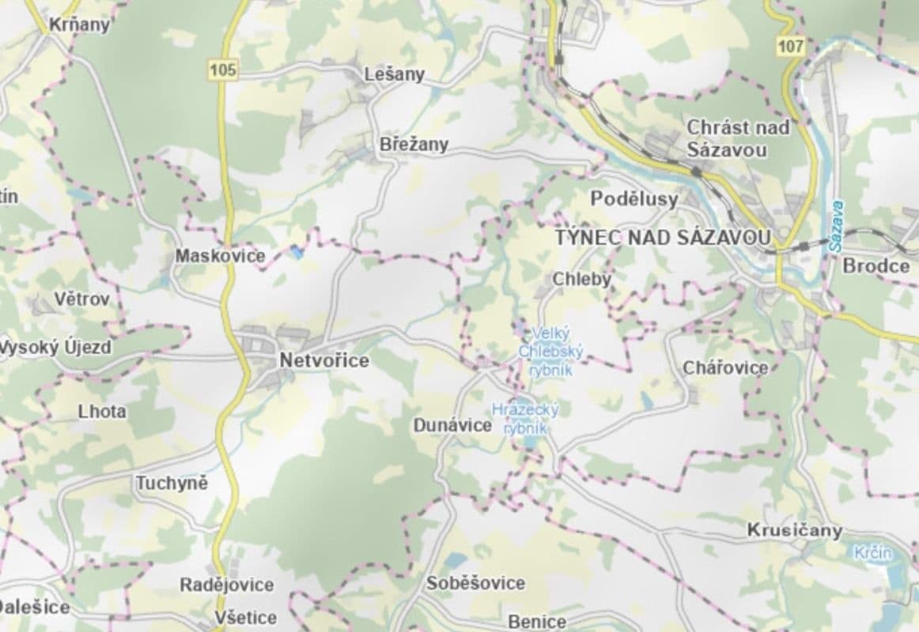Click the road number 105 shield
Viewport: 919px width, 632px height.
(x=224, y=70)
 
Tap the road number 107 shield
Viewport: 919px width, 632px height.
(x=790, y=47)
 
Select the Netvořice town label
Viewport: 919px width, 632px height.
(x=324, y=360)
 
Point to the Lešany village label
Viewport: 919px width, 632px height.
(x=394, y=74)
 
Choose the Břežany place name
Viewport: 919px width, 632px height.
(x=414, y=145)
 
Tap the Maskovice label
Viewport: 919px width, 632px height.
(x=210, y=256)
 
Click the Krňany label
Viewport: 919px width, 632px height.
(x=79, y=24)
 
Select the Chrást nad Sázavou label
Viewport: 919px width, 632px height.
(x=728, y=137)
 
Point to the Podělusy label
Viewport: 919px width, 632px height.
(x=634, y=199)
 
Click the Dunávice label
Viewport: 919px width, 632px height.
(x=452, y=425)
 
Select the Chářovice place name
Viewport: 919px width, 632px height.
(x=725, y=367)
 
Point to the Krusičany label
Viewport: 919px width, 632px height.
(x=795, y=530)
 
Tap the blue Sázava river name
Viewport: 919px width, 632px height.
(x=838, y=226)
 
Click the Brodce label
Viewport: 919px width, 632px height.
(x=876, y=265)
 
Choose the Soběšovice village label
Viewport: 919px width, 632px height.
(x=475, y=583)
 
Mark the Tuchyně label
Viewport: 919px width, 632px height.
(x=172, y=483)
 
